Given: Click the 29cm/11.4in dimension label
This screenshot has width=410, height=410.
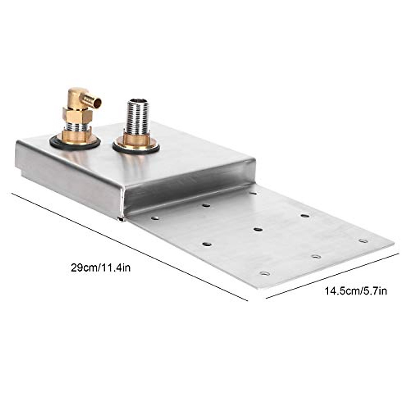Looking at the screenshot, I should click(x=100, y=267).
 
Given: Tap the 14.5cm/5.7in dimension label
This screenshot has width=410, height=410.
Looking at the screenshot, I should click(x=356, y=291).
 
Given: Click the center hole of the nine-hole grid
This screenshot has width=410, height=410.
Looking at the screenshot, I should click(x=258, y=229).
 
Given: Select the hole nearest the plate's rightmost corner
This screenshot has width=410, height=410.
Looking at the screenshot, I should click(x=363, y=241).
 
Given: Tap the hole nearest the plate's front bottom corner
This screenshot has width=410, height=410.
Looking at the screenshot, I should click(x=264, y=273).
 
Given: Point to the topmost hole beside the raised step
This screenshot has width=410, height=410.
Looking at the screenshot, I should click(x=253, y=193).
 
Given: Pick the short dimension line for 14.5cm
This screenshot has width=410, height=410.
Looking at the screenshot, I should click(x=332, y=276).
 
